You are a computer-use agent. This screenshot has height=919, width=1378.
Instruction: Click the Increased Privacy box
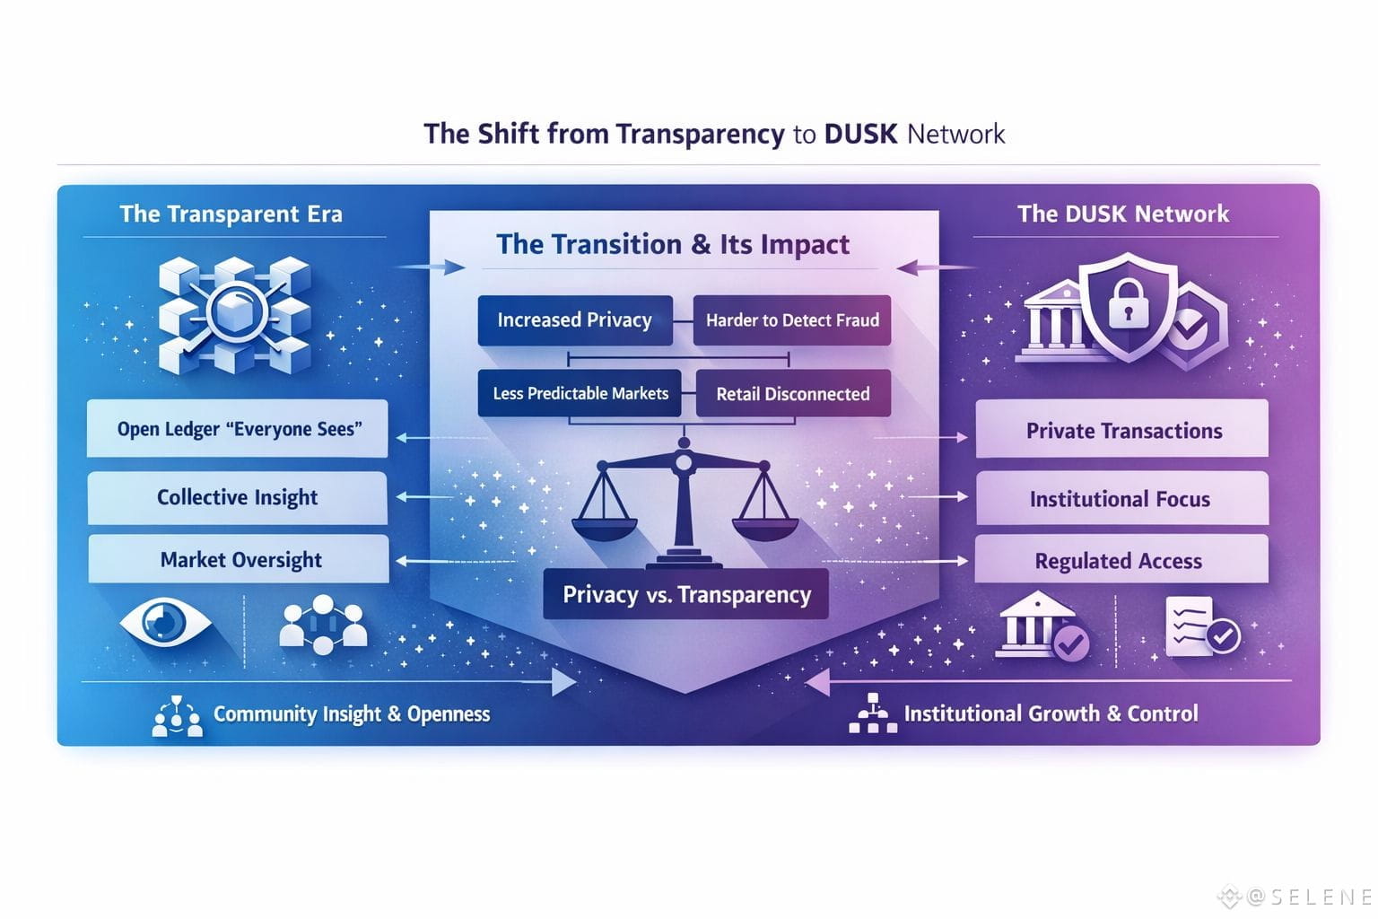[x=575, y=320]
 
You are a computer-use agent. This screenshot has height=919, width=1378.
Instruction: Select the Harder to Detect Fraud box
[x=791, y=320]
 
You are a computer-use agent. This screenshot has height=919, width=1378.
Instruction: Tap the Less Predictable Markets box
[x=580, y=393]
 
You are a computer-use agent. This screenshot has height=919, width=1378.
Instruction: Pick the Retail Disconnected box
[x=792, y=394]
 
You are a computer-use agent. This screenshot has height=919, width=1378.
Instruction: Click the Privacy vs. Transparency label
[x=686, y=594]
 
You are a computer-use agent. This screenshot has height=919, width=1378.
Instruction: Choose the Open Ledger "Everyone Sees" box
[x=238, y=429]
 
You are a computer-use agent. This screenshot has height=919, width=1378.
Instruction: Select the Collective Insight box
[x=238, y=497]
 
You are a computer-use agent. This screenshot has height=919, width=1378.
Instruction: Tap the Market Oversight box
[x=240, y=560]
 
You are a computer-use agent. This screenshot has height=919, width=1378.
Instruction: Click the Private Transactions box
[x=1122, y=431]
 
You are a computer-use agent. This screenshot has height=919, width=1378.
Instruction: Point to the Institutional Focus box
[x=1121, y=499]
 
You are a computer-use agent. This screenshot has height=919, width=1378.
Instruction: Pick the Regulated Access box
[x=1119, y=561]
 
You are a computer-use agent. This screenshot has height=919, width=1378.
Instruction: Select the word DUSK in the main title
[x=860, y=134]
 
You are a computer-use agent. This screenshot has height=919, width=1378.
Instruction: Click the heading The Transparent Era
[x=231, y=214]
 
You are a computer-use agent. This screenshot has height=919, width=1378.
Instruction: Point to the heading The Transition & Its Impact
[x=673, y=244]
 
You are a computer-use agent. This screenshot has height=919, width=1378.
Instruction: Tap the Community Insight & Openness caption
[x=351, y=714]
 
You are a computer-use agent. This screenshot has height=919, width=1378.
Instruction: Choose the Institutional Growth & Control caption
[x=1050, y=713]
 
